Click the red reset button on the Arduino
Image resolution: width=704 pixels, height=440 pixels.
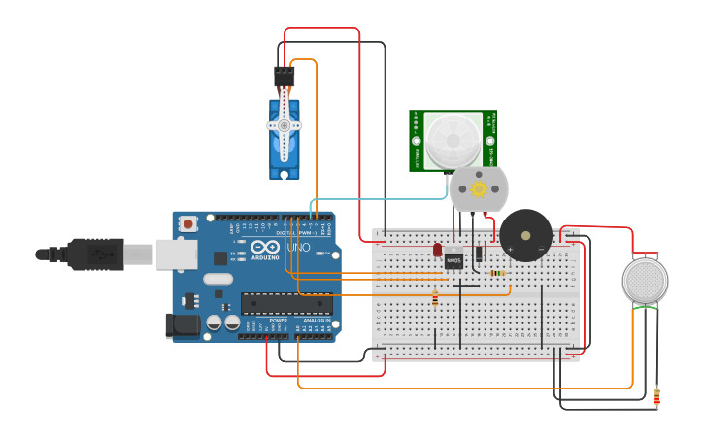pyautogui.click(x=187, y=223)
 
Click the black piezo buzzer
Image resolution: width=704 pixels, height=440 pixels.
pyautogui.click(x=525, y=235)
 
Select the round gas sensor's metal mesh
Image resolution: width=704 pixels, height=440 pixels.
pyautogui.click(x=645, y=280)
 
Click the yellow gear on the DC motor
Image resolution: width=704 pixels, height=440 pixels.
pyautogui.click(x=478, y=188)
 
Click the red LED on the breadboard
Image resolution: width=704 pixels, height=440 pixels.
pyautogui.click(x=438, y=250)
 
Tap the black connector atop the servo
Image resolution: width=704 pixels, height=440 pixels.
pyautogui.click(x=284, y=75)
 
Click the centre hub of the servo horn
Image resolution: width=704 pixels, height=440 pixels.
pyautogui.click(x=285, y=125)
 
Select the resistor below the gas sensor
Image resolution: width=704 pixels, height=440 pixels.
pyautogui.click(x=657, y=396)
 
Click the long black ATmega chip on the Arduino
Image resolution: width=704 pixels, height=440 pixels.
pyautogui.click(x=286, y=303)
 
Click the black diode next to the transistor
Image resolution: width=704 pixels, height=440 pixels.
pyautogui.click(x=479, y=254)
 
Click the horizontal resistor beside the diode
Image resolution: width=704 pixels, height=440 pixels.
pyautogui.click(x=497, y=273)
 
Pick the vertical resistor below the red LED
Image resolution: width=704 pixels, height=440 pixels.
pyautogui.click(x=434, y=299)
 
